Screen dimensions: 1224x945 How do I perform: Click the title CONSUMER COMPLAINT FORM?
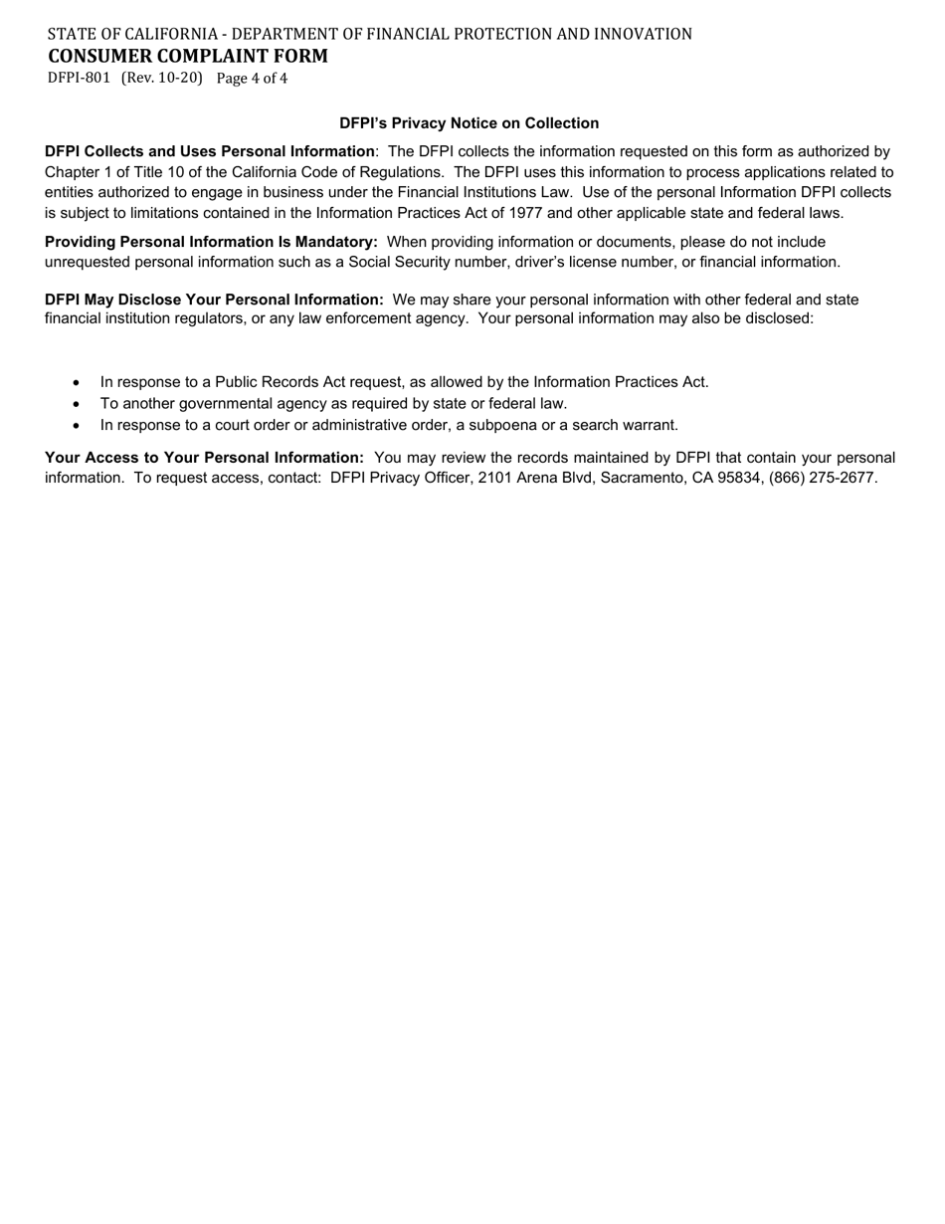point(188,56)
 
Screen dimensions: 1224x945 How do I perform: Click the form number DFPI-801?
point(79,78)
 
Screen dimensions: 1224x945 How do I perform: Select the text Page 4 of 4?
point(252,78)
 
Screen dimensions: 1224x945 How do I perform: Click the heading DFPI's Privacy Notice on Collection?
point(470,123)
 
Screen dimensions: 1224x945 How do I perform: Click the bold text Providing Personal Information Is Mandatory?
point(211,242)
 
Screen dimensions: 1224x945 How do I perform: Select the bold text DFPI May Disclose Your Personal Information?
point(214,300)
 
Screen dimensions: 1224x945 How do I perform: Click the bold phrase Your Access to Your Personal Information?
point(204,458)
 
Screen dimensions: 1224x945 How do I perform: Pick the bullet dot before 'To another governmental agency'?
point(77,404)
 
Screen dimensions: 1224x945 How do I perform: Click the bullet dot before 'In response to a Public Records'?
point(77,382)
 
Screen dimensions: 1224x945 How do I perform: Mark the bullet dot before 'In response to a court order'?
point(77,426)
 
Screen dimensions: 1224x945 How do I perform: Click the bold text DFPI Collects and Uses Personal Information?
point(210,151)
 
